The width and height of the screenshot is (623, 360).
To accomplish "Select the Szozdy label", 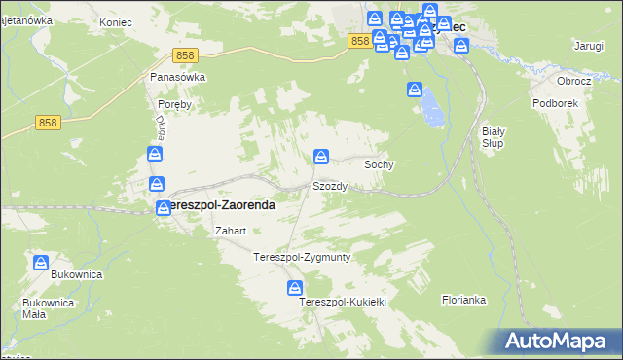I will pyautogui.click(x=329, y=186).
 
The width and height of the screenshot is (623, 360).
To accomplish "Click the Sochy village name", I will pyautogui.click(x=379, y=165).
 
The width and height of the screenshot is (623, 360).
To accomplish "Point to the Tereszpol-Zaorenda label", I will pyautogui.click(x=218, y=206).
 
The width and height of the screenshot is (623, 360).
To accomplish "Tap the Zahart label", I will pyautogui.click(x=230, y=232).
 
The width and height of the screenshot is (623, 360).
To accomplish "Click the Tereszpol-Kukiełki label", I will pyautogui.click(x=344, y=303).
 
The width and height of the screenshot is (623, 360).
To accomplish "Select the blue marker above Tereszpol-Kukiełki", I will pyautogui.click(x=294, y=288).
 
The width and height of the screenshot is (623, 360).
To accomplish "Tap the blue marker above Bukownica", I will pyautogui.click(x=41, y=263).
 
